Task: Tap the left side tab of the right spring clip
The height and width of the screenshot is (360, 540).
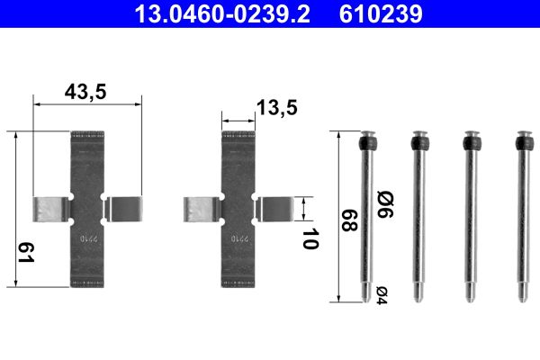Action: coord(200,211)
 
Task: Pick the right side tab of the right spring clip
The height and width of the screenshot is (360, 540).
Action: coord(273,209)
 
